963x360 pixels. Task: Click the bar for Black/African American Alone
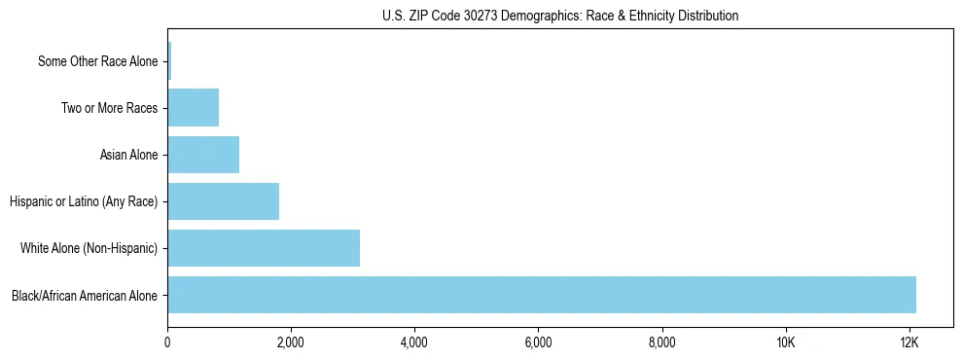(x=541, y=295)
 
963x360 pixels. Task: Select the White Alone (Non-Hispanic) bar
(x=264, y=248)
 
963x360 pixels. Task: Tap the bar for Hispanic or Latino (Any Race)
(x=223, y=201)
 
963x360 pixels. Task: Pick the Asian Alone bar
(x=203, y=155)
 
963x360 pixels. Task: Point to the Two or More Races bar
(x=193, y=108)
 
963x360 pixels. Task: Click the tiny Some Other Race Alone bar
(x=169, y=61)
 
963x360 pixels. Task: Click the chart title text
(x=560, y=16)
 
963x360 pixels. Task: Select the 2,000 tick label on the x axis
(x=291, y=343)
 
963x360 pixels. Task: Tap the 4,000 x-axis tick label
(x=414, y=343)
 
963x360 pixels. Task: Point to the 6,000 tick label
(x=538, y=343)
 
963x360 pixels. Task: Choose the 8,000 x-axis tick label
(x=661, y=343)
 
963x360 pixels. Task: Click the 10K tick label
(x=786, y=343)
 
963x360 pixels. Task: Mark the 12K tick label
(x=909, y=343)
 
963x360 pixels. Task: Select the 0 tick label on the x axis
(x=167, y=343)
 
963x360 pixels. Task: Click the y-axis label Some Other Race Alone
(x=97, y=62)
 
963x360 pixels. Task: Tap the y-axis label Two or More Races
(x=109, y=109)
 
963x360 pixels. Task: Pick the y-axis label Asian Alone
(x=128, y=156)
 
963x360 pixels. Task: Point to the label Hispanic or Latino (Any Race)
(x=84, y=202)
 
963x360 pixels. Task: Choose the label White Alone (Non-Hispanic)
(x=89, y=249)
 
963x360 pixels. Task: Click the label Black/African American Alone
(x=85, y=296)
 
